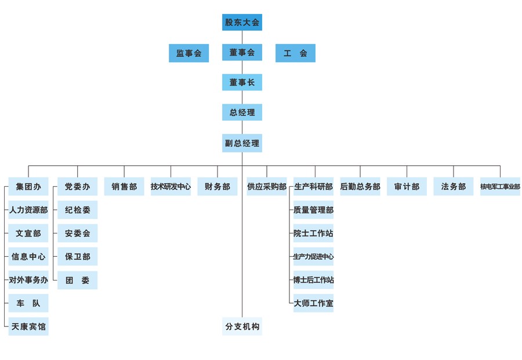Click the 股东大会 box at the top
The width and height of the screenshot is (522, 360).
tap(242, 23)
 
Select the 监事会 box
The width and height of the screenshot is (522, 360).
tap(188, 53)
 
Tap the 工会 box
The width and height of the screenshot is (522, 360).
tap(295, 53)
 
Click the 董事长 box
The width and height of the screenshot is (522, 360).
tap(242, 82)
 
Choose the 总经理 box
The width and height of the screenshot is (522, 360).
tap(242, 112)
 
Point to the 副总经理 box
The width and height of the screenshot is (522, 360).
tap(242, 143)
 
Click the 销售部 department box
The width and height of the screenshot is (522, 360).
tap(124, 187)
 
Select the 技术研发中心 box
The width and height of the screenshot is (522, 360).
tap(171, 187)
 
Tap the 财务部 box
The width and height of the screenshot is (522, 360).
tap(217, 187)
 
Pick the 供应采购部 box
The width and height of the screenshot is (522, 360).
tap(267, 187)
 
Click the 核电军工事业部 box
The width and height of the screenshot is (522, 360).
tap(500, 187)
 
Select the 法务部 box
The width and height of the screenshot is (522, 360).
tap(454, 187)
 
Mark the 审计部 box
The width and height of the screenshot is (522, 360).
tap(407, 187)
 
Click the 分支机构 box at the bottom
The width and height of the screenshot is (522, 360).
tap(242, 326)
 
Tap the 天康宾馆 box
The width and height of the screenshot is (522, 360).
tap(28, 326)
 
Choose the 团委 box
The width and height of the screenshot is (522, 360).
tap(77, 280)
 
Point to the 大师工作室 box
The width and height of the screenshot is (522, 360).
tap(313, 303)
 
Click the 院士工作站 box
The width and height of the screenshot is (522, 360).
tap(313, 233)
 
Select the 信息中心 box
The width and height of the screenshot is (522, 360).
tap(28, 256)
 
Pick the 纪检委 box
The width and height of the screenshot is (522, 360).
tap(77, 210)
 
